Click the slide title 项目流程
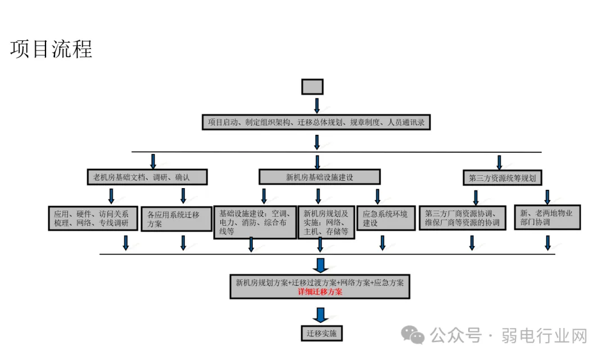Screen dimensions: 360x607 (51, 49)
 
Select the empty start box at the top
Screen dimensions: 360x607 (312, 86)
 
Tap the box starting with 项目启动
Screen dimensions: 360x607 (316, 122)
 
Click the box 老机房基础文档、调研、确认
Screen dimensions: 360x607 (147, 177)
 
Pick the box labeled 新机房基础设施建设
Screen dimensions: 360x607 (319, 177)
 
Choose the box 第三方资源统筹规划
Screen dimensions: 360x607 (502, 178)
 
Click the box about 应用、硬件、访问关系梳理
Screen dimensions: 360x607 (92, 218)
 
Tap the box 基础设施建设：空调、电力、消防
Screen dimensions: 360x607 (255, 222)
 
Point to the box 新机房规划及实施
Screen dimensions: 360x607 (326, 222)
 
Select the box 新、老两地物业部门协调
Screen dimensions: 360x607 (547, 217)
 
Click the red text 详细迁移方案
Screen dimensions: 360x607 (320, 291)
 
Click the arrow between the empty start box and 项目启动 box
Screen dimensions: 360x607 (316, 105)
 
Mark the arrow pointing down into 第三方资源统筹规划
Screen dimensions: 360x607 (499, 162)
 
